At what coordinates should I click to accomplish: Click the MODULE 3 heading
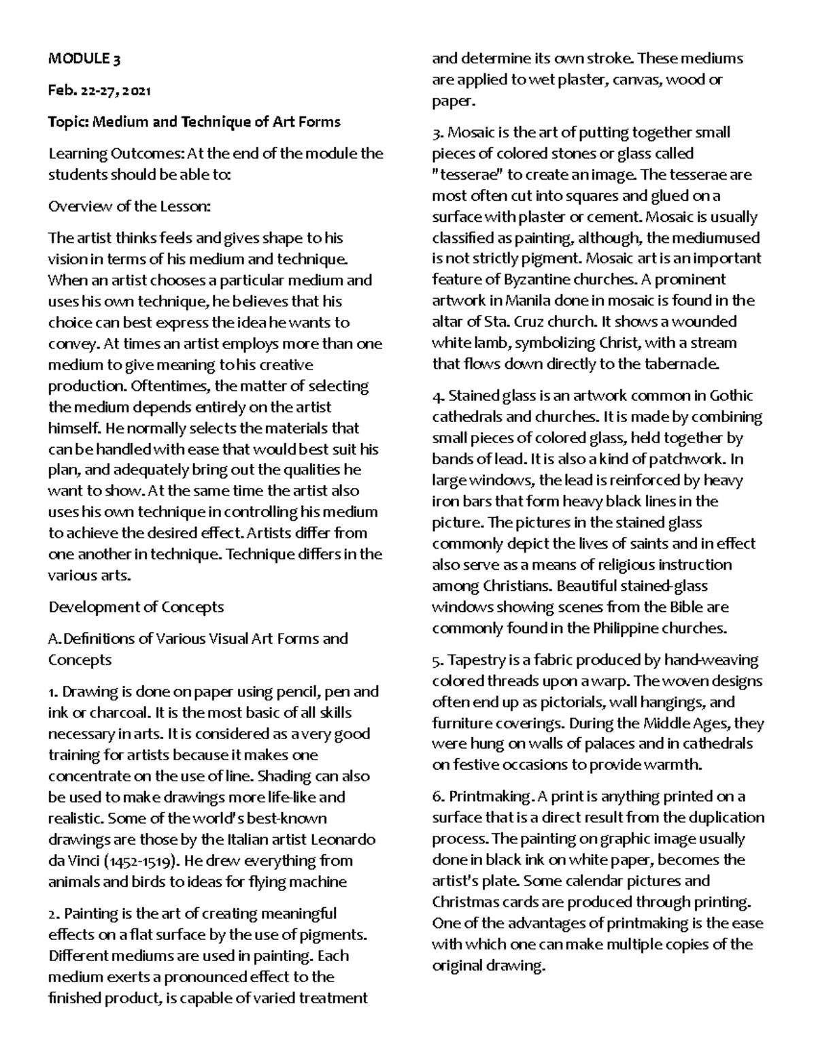(84, 59)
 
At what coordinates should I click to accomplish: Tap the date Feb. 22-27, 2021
(99, 91)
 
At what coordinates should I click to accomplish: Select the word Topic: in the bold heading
(68, 123)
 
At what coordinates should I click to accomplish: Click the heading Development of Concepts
(136, 606)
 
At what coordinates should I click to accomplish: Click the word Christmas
(463, 902)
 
